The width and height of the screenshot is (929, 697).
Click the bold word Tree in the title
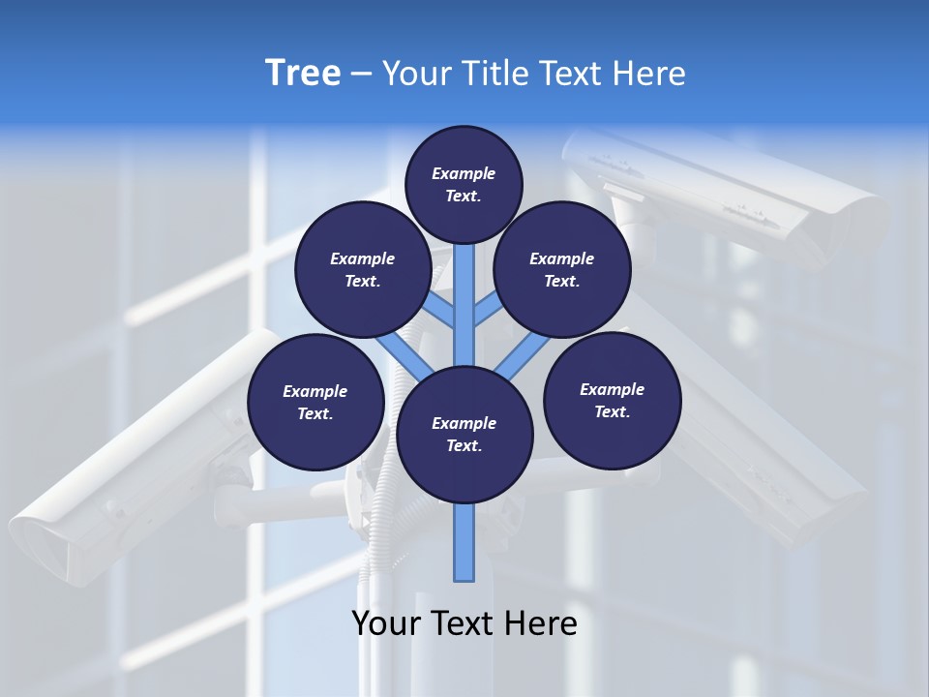(303, 74)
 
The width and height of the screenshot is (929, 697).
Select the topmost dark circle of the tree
(464, 184)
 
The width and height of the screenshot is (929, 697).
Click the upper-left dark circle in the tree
(363, 269)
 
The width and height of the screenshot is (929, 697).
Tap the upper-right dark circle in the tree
(562, 269)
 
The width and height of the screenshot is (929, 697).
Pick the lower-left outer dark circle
(315, 402)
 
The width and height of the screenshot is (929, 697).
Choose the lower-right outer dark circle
(613, 400)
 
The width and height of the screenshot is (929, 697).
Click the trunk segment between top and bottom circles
(464, 305)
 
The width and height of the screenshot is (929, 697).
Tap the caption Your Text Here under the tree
(464, 623)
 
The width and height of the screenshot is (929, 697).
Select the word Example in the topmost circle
(464, 174)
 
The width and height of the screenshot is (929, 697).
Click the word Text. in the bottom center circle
(464, 446)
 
